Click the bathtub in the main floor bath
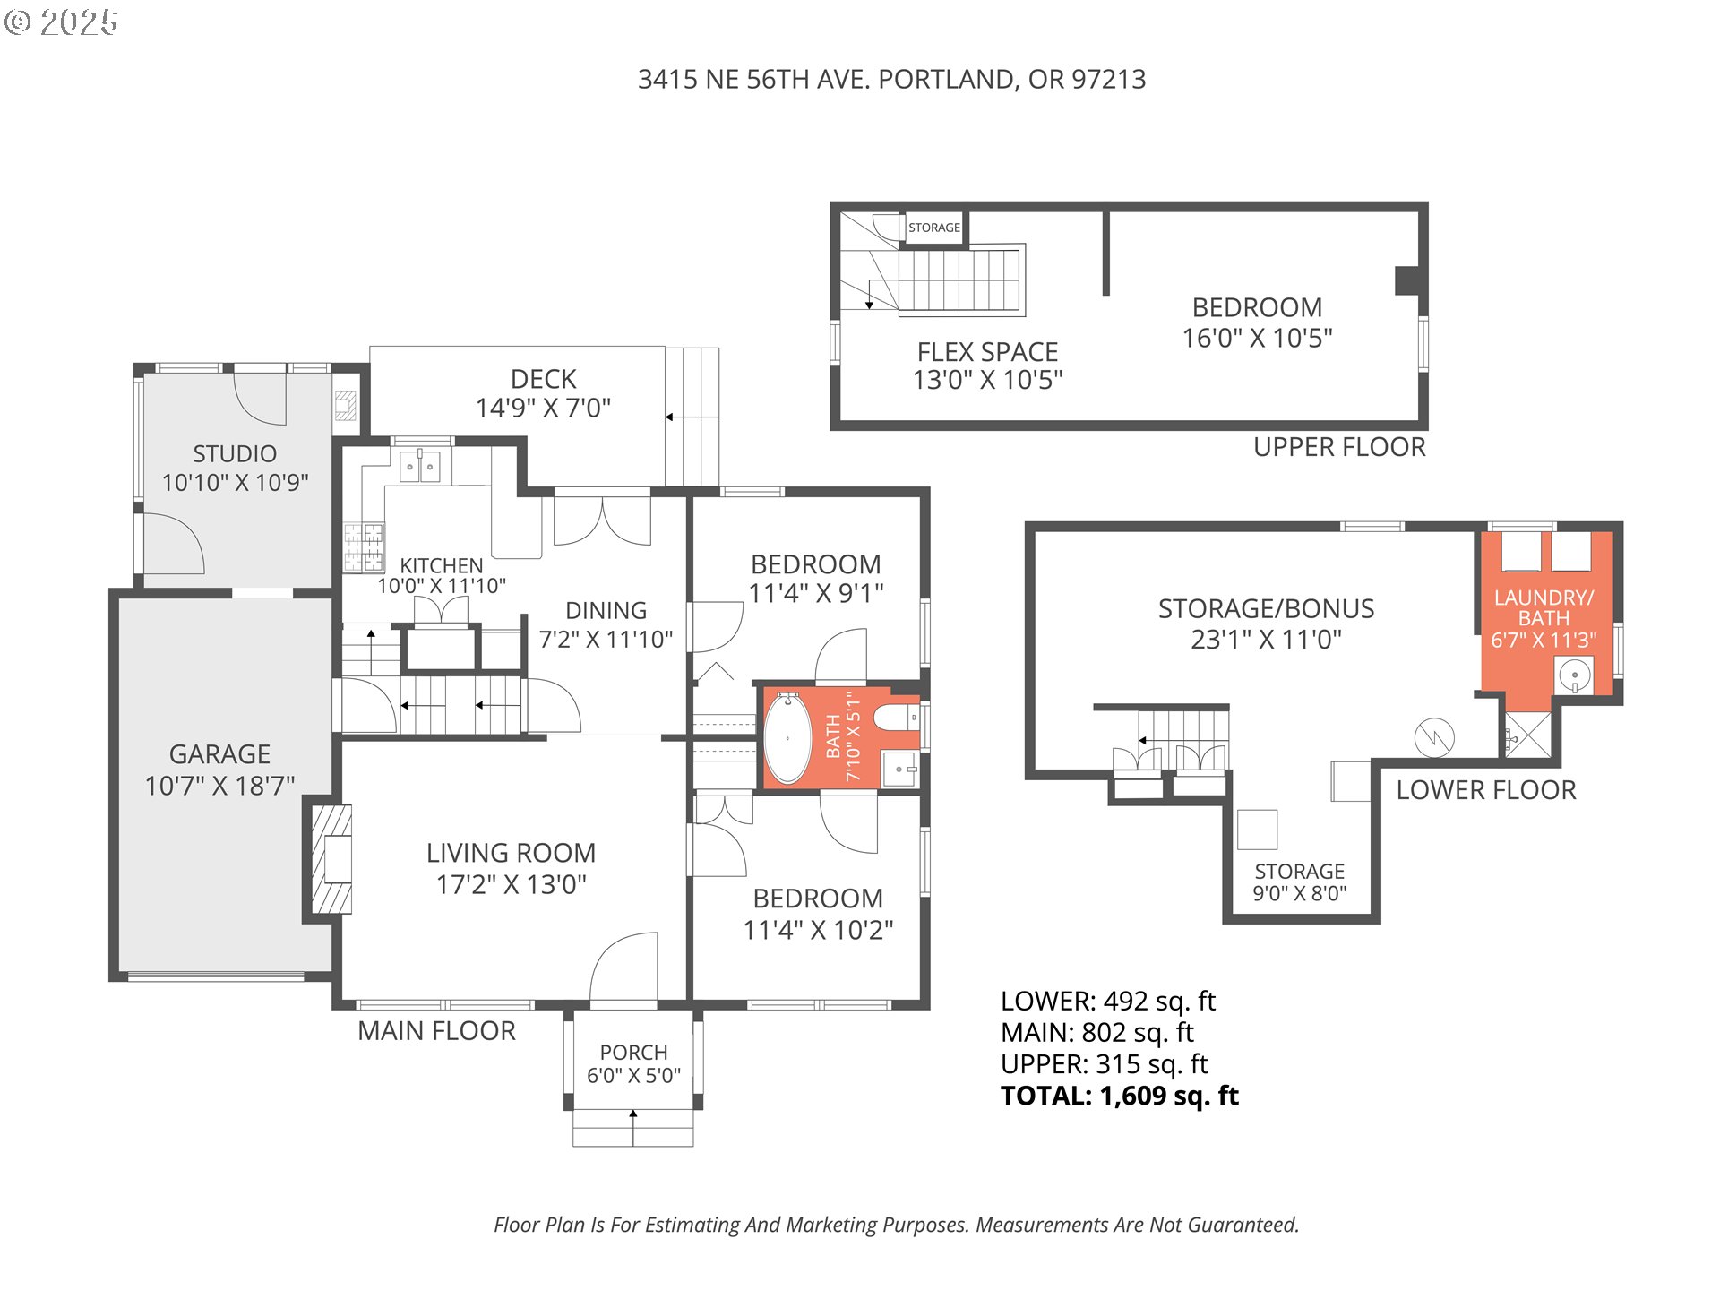tap(787, 738)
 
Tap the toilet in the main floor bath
tap(895, 718)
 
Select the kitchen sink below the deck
tap(419, 467)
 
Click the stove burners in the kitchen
tap(364, 547)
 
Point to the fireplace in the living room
tap(331, 859)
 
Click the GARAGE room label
tap(219, 754)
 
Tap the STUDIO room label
tap(235, 454)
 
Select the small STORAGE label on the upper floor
tap(934, 228)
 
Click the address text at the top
tap(891, 80)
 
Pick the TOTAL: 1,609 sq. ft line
tap(1120, 1096)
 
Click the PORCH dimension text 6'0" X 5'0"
tap(633, 1075)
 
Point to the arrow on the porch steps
tap(633, 1127)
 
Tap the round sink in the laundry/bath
tap(1574, 674)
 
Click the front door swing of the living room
tap(623, 967)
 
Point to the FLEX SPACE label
tap(987, 352)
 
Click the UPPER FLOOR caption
tap(1339, 447)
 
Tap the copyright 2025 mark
tap(61, 22)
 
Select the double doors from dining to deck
tap(602, 520)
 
